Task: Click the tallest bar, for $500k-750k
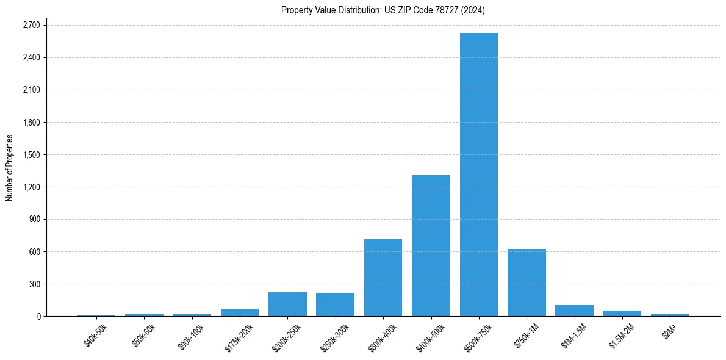(x=479, y=175)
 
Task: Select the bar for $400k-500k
(x=431, y=245)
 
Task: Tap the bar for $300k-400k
(x=383, y=278)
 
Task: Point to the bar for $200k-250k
(x=287, y=304)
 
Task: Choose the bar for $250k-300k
(x=335, y=304)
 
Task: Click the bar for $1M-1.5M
(x=574, y=311)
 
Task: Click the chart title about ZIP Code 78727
(x=383, y=10)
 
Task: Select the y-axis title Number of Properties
(x=9, y=168)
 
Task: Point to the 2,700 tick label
(x=31, y=25)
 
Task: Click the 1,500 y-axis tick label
(x=31, y=154)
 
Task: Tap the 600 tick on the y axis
(x=34, y=251)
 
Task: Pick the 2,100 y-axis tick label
(x=31, y=90)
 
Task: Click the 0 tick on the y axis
(x=38, y=316)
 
